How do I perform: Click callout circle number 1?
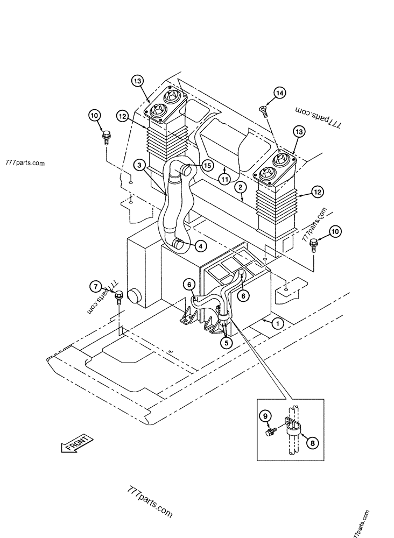click(278, 323)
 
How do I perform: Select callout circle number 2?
click(241, 187)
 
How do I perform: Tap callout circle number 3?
click(139, 165)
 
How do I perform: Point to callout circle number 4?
click(201, 246)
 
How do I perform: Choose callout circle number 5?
click(226, 342)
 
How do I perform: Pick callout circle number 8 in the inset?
click(312, 443)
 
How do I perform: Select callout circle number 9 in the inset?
click(265, 416)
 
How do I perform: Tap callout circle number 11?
click(224, 179)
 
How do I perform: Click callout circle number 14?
click(280, 93)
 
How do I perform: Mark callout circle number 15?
click(207, 166)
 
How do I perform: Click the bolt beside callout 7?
click(119, 297)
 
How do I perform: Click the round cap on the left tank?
click(133, 295)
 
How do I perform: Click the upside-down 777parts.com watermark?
click(318, 117)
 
